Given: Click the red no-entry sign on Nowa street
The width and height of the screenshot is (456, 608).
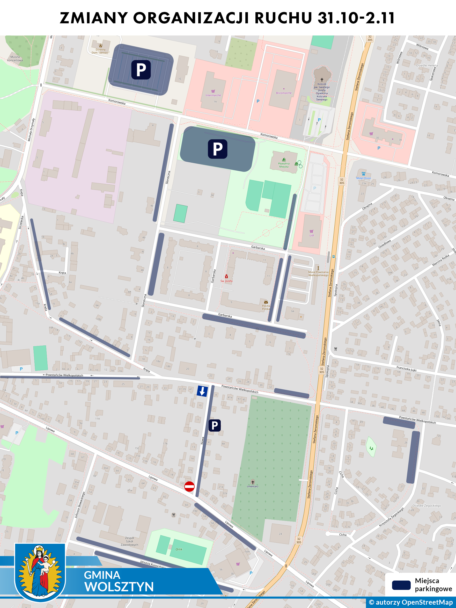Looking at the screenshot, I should point(189,486).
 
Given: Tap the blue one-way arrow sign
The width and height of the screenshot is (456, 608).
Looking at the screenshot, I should point(202,391).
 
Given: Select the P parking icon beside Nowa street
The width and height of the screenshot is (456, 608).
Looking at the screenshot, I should point(215,425).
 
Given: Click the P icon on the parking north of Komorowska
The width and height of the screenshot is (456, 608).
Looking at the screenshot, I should point(141,70).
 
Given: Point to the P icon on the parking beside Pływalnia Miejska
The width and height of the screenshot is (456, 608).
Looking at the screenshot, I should point(218,149).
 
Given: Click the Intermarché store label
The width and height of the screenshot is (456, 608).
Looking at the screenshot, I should point(213,95).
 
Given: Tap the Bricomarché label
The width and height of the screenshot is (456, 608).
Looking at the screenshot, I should point(284,93).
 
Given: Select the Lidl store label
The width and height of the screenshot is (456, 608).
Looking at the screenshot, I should point(312,235).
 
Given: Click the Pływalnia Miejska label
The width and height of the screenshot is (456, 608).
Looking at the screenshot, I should point(284,165).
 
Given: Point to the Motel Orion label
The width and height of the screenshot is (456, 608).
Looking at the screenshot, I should point(363,178).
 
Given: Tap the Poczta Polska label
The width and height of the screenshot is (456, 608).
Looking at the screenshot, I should point(266,307).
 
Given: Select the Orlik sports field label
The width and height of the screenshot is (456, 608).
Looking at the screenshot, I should point(179,549).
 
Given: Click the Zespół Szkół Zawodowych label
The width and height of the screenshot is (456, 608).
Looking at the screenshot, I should point(129,541).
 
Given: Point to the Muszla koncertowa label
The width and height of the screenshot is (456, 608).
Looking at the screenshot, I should point(15,59).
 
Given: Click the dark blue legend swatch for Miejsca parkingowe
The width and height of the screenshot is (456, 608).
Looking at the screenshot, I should point(401,585).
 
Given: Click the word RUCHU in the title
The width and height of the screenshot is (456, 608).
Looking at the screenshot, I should point(283,18).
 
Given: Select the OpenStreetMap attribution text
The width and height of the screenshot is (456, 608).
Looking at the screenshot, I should point(411,602).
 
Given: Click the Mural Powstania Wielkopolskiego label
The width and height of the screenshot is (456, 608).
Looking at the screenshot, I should point(318,273).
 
